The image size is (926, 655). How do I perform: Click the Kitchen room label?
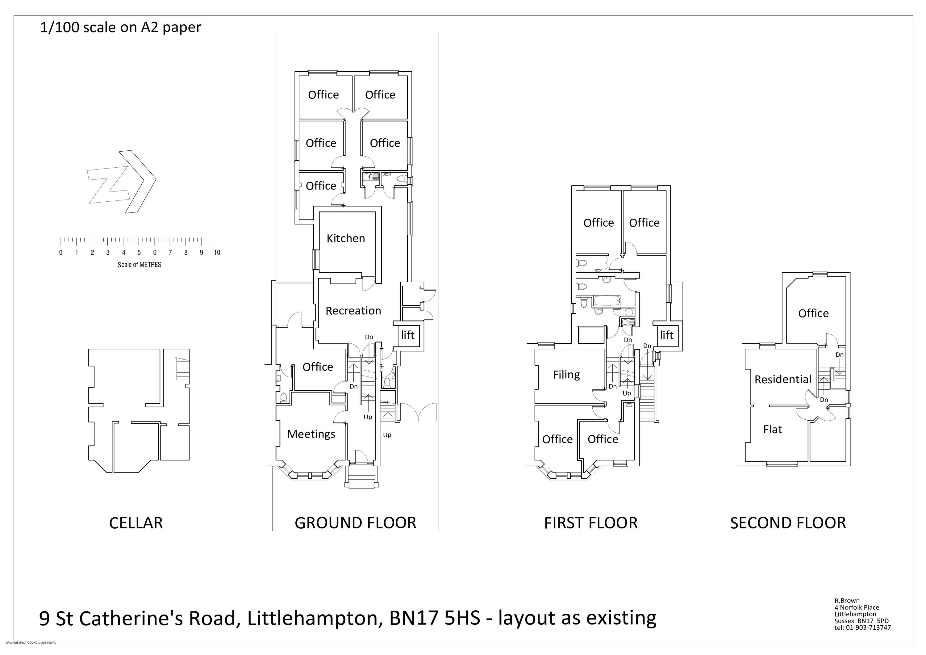pos(346,238)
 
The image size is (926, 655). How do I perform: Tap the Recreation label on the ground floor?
pos(353,311)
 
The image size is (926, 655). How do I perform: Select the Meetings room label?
pos(311,434)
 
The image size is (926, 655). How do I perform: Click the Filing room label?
pos(566,375)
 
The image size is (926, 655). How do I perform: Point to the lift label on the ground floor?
pos(408,335)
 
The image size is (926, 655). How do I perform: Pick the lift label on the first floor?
pos(667,335)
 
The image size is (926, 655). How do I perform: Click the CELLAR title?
pos(136,523)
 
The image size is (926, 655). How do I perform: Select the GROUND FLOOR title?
pos(355,523)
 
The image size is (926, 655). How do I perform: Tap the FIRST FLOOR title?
pos(591,523)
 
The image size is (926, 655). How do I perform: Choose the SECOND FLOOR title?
pos(788,523)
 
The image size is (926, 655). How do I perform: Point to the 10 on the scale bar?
pos(217,253)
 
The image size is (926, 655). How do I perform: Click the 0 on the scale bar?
pos(61,253)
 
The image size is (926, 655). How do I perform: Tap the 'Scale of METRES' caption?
pos(140,265)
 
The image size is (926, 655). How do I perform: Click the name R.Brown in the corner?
pos(847,601)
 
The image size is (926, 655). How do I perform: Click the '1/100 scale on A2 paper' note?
pos(121,27)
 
